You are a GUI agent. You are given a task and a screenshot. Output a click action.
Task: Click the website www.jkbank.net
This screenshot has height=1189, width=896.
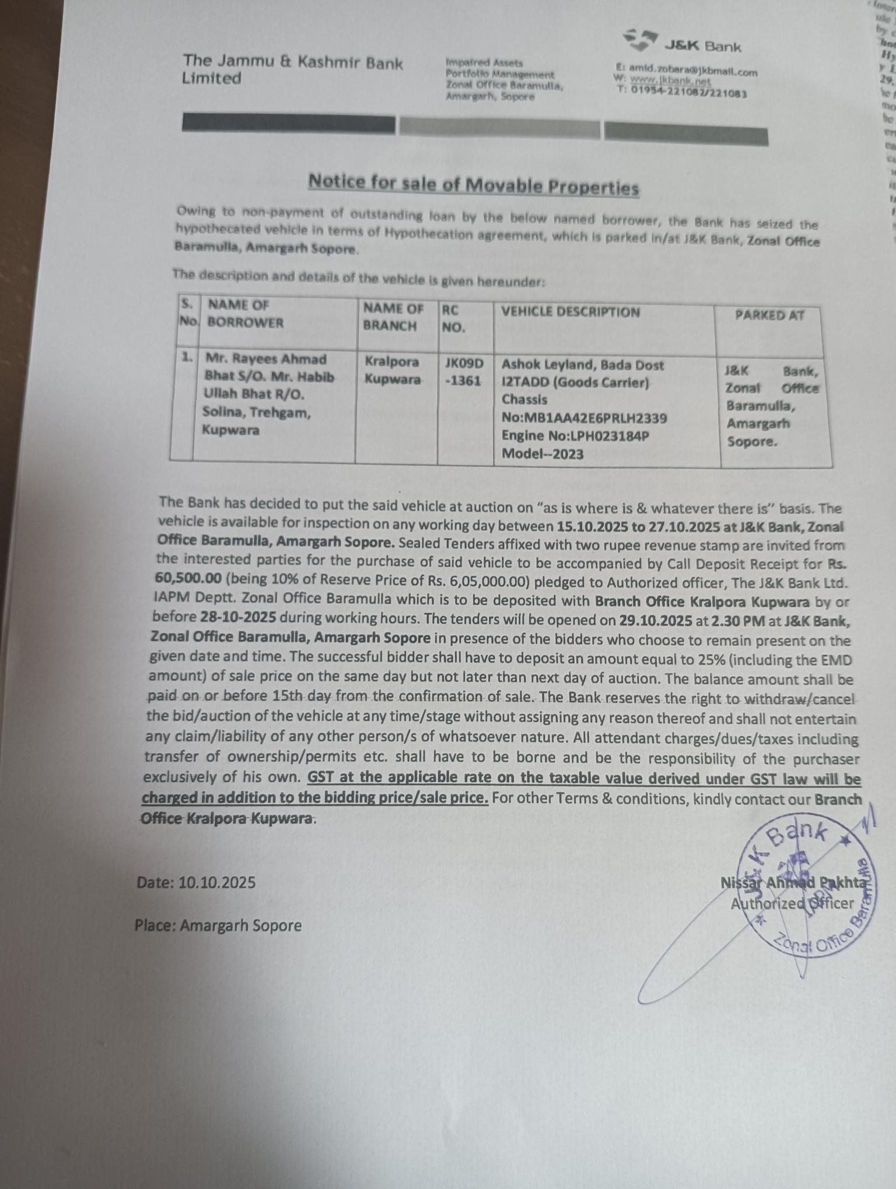[x=670, y=81]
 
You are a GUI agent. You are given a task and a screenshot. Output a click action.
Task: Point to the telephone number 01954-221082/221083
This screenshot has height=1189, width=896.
[x=688, y=92]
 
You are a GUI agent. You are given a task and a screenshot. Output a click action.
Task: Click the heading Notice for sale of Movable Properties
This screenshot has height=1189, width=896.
[x=473, y=184]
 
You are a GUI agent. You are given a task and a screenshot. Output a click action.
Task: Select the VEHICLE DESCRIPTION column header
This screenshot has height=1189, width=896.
[x=570, y=312]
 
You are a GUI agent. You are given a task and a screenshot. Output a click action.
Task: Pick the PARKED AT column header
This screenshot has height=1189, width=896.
[x=769, y=315]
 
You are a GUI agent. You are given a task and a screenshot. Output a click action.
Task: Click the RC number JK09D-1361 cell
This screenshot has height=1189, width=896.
[x=464, y=372]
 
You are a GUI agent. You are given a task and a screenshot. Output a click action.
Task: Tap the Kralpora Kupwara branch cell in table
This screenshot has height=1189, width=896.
[x=393, y=370]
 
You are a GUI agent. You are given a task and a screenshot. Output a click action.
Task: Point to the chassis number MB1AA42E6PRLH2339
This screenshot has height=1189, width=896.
[x=596, y=418]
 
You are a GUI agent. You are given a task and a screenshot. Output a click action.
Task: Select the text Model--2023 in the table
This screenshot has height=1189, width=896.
[x=542, y=454]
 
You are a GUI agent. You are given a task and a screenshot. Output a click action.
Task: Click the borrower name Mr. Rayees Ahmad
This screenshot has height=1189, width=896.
[x=266, y=359]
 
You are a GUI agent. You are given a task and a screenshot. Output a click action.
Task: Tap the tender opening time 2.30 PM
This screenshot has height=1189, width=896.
[x=738, y=620]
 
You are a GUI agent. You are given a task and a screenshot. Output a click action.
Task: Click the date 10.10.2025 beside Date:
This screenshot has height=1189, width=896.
[x=217, y=882]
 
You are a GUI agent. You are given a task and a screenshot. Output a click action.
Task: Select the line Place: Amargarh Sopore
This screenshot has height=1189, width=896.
[x=218, y=926]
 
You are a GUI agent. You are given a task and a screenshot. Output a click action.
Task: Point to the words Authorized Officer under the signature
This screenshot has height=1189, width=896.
[x=792, y=904]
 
